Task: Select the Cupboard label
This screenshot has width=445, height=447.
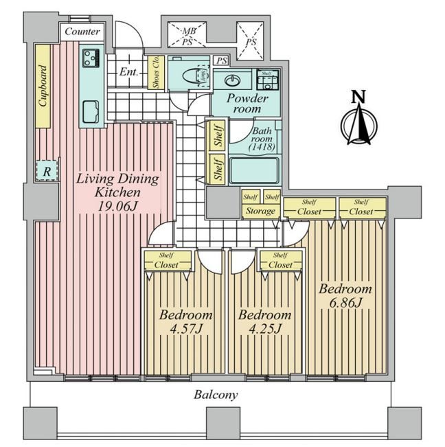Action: [43, 87]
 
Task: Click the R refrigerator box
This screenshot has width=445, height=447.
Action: [47, 171]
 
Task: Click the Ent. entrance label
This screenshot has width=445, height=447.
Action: [129, 71]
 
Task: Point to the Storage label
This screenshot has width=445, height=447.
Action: [261, 211]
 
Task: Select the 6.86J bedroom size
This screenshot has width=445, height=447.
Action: [345, 301]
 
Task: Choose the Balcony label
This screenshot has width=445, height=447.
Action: [215, 395]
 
